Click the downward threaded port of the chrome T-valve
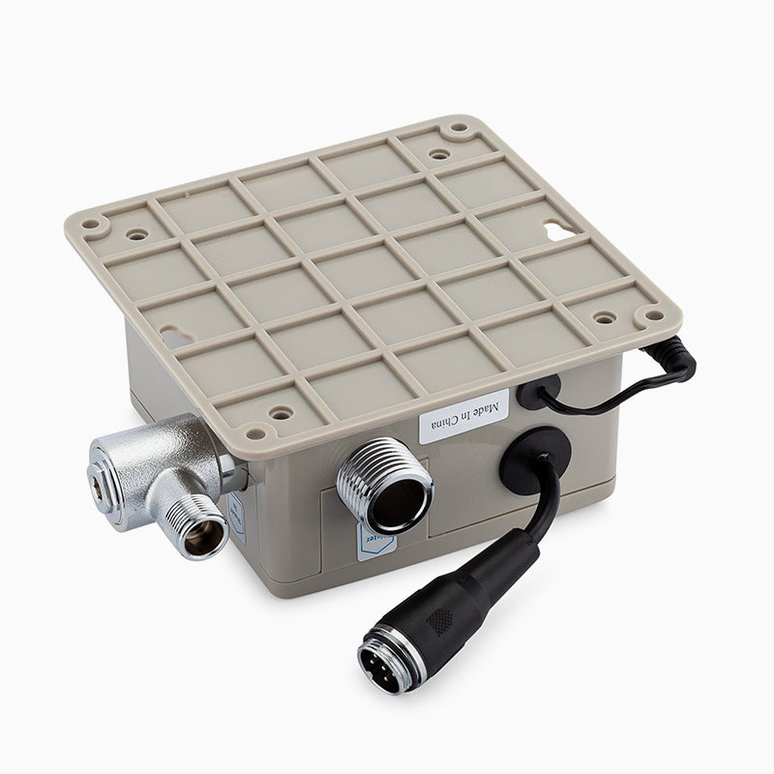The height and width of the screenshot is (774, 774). click(x=198, y=527)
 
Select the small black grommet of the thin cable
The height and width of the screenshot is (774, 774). click(x=539, y=392)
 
